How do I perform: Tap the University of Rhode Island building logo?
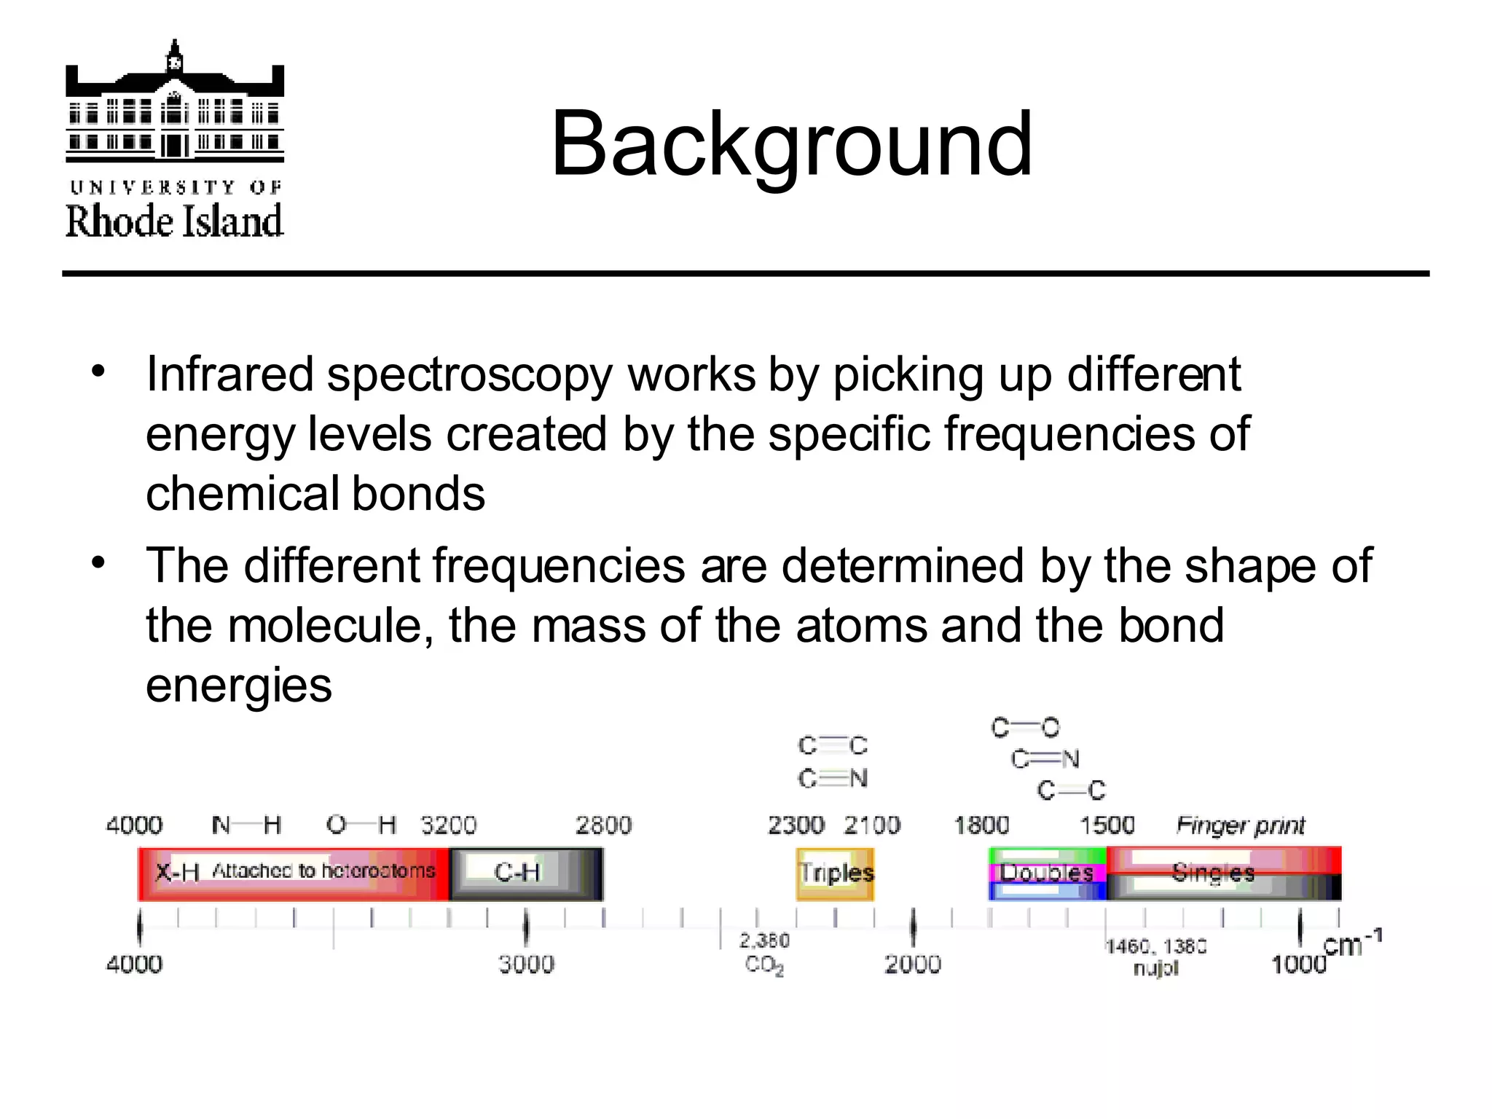coord(175,102)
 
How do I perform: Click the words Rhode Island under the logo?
coord(175,221)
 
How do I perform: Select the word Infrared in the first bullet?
coord(229,374)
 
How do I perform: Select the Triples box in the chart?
coord(836,873)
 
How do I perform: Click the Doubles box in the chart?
coord(1046,873)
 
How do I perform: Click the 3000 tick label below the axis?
coord(526,965)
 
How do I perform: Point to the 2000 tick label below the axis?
coord(913,965)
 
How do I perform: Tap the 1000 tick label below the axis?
coord(1299,965)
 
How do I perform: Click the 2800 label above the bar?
coord(603,825)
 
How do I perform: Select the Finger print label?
coord(1241,825)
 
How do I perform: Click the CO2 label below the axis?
coord(764,965)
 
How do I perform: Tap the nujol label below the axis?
coord(1155,968)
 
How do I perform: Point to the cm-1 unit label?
coord(1351,945)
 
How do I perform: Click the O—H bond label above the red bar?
coord(361,825)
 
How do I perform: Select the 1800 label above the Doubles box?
coord(981,825)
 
